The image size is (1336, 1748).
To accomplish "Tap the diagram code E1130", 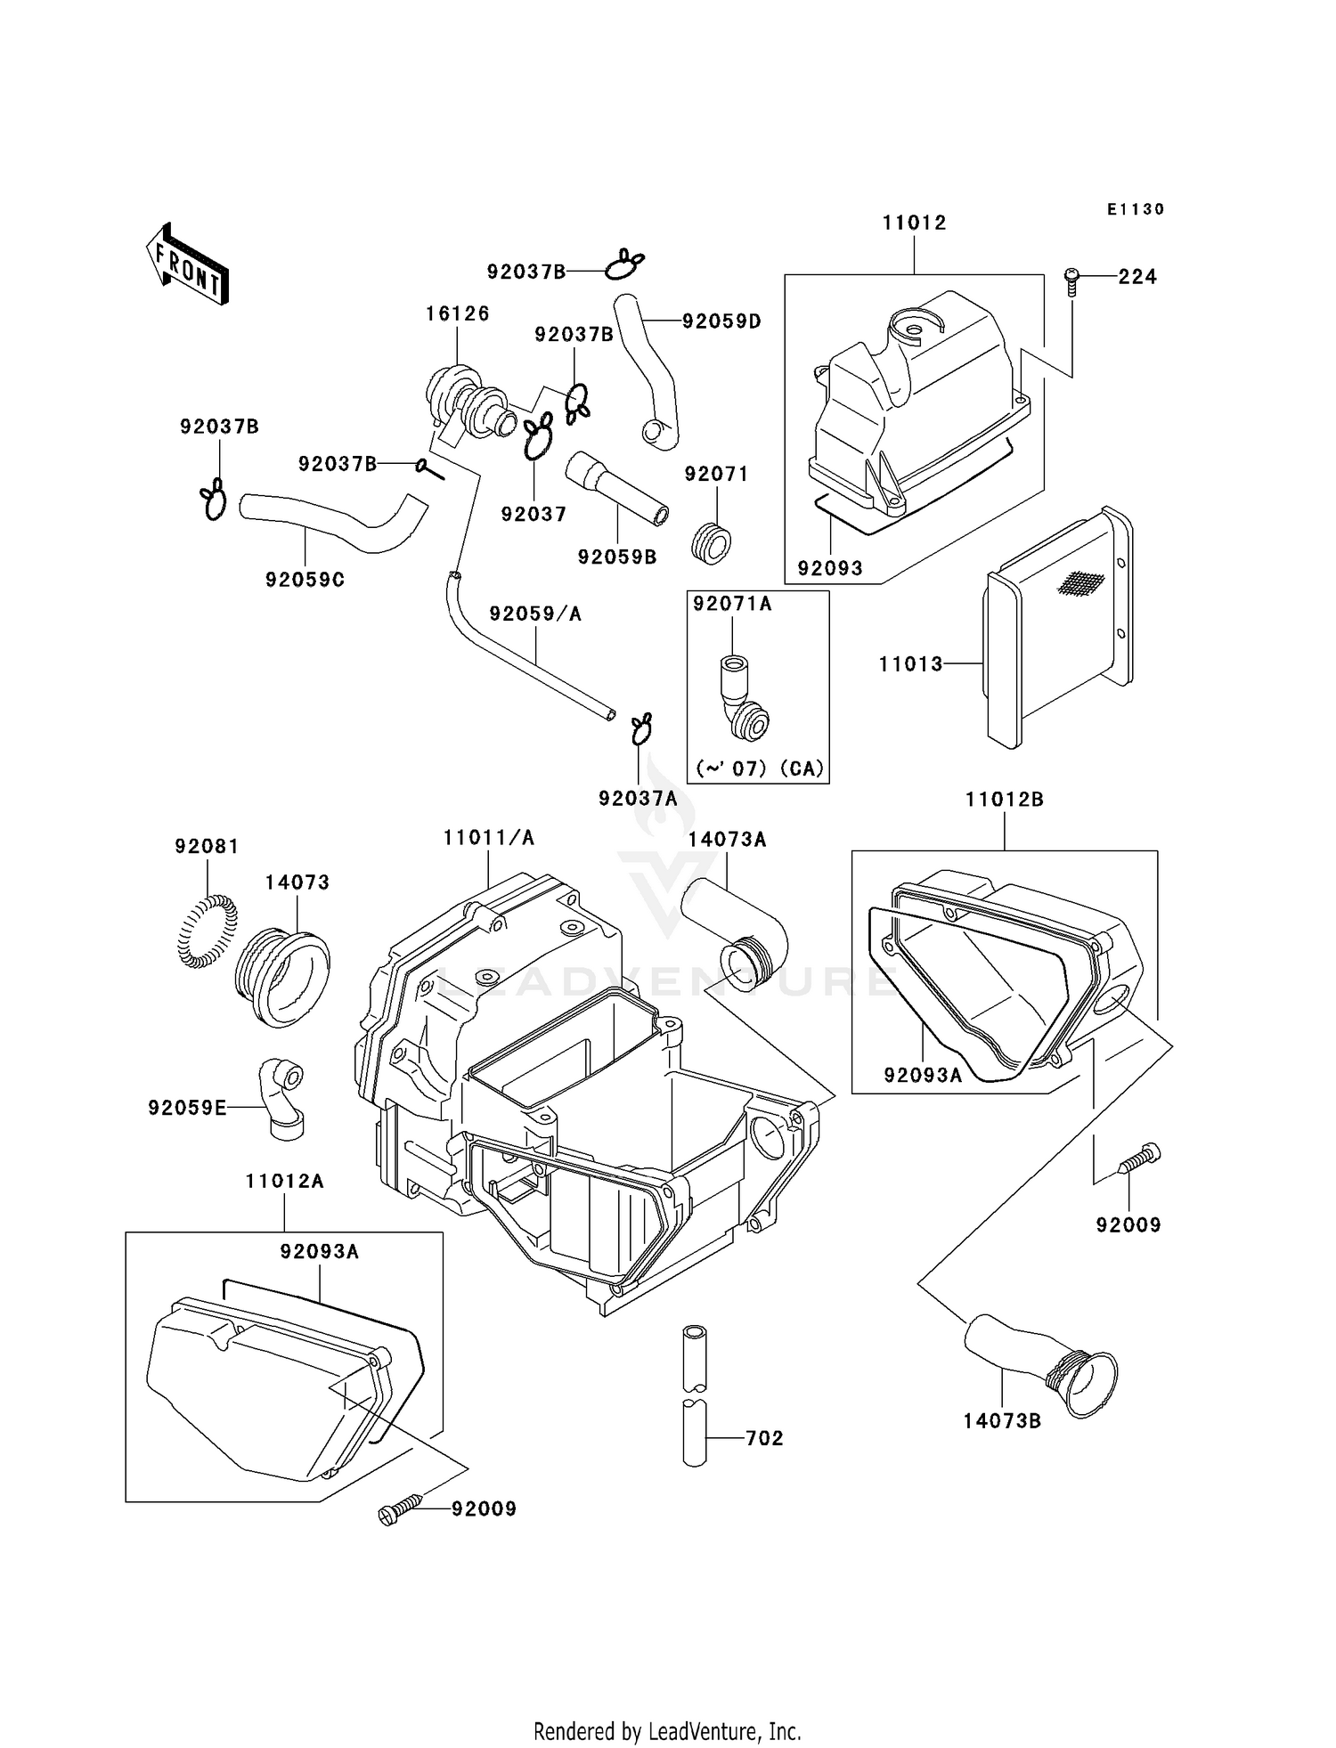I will [x=1136, y=209].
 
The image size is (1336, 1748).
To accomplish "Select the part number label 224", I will [x=1137, y=277].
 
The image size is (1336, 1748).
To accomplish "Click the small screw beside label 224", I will [x=1072, y=282].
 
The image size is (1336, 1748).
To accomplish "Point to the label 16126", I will [x=457, y=313].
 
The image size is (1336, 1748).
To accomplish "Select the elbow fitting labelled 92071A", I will [x=744, y=697].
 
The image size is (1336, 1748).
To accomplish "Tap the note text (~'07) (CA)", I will [x=759, y=768].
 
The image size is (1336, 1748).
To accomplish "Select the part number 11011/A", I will [x=489, y=838].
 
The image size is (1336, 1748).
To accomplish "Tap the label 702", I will [x=764, y=1438].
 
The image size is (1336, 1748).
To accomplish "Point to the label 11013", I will [x=910, y=663].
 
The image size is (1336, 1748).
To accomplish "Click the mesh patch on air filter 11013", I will [x=1080, y=582].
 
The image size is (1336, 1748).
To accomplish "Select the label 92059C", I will [x=305, y=580].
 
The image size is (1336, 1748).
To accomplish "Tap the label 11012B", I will [x=1005, y=800].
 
